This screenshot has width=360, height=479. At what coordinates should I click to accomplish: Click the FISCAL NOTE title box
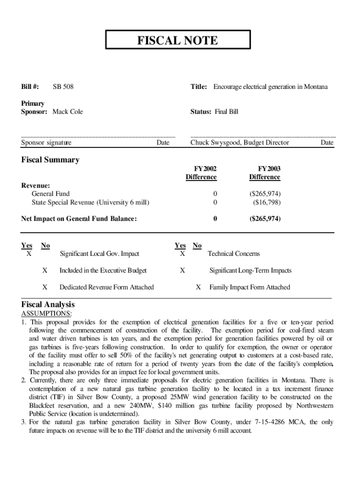coord(178,40)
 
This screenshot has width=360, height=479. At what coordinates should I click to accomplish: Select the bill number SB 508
coord(63,87)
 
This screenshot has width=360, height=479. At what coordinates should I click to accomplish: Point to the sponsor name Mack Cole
coord(67,112)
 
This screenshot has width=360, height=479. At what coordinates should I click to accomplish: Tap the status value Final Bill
coord(226,112)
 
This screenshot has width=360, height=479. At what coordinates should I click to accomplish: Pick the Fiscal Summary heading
coord(50,160)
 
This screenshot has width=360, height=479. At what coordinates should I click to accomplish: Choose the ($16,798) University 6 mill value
coord(266,203)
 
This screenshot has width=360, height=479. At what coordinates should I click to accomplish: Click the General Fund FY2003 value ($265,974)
coord(265,194)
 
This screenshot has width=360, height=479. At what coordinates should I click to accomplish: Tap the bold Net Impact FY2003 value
coord(265,218)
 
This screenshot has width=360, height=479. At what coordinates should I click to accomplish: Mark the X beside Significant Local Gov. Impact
coord(29,254)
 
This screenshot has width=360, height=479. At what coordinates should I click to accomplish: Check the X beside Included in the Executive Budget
coord(44,270)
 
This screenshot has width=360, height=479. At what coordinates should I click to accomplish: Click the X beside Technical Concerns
coord(182,254)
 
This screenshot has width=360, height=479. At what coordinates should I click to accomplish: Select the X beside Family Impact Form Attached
coord(198,287)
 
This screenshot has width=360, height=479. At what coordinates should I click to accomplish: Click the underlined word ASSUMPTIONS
coord(47,313)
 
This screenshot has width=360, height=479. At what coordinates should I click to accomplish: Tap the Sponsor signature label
coord(46,143)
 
